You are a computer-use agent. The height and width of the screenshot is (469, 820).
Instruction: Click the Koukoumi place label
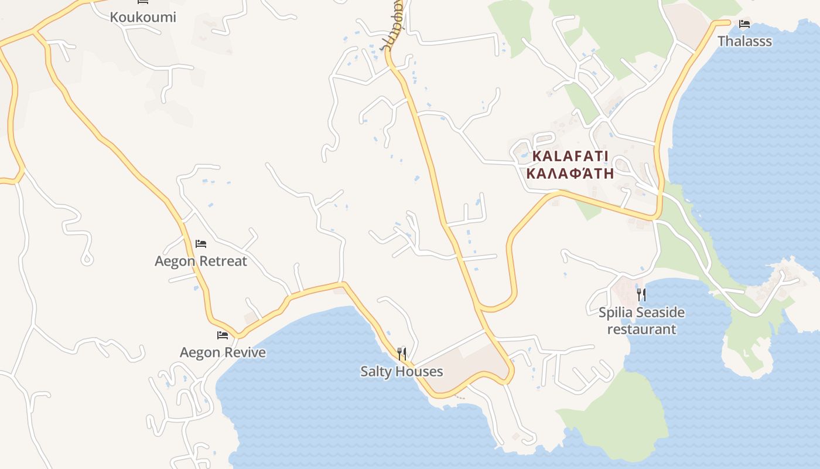[x=143, y=17]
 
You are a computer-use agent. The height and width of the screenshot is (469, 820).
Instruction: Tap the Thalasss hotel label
[x=744, y=41]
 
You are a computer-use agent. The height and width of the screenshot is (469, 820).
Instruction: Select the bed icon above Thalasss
[x=744, y=24]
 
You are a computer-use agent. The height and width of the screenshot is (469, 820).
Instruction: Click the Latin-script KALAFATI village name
[x=570, y=157]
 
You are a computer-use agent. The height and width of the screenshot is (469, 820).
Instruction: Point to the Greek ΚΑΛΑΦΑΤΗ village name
[x=570, y=174]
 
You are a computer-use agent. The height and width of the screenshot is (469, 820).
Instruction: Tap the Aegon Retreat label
[x=201, y=261]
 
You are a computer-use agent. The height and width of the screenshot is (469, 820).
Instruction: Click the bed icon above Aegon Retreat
[x=201, y=243]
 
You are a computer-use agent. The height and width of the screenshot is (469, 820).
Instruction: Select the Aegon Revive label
[x=223, y=352]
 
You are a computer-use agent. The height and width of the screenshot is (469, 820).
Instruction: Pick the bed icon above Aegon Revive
[x=223, y=335]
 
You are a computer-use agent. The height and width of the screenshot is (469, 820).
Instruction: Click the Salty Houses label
[x=402, y=372]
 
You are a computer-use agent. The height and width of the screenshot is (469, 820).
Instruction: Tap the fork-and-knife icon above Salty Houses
[x=402, y=354]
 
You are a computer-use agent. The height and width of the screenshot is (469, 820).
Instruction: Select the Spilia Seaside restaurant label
[x=641, y=321]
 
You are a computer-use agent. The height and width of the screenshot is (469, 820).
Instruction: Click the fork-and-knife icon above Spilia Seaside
[x=641, y=294]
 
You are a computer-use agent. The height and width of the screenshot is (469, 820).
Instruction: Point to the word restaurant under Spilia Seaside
[x=641, y=329]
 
